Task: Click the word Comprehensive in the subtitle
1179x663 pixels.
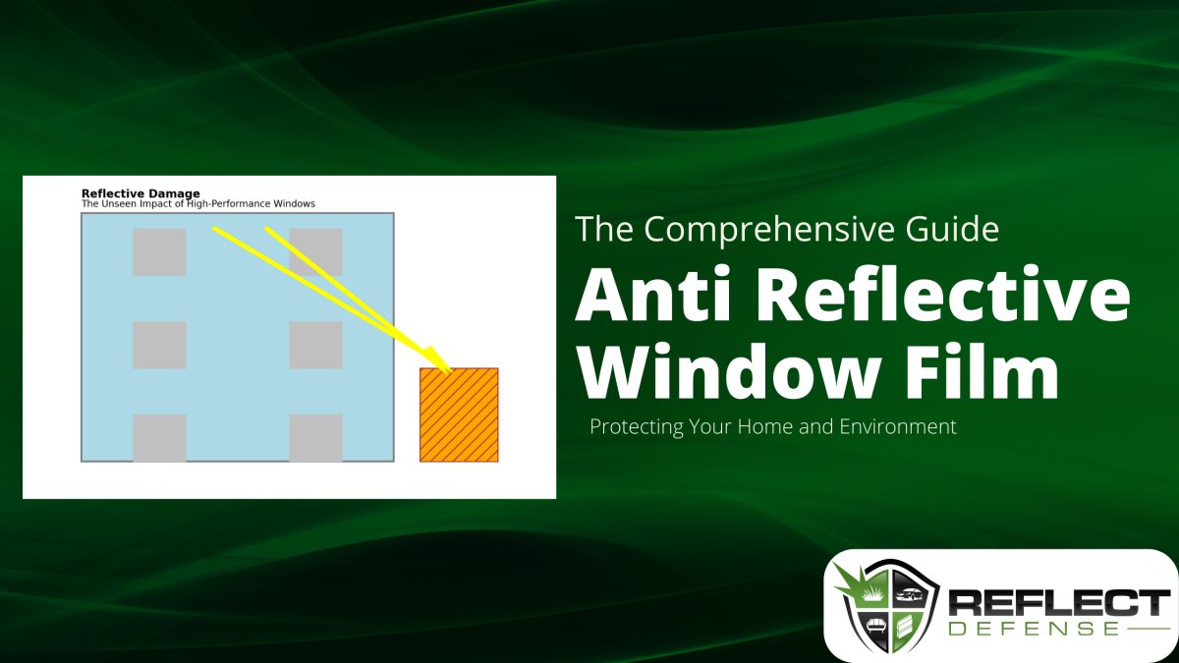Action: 770,230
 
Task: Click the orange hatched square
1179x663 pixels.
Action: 459,414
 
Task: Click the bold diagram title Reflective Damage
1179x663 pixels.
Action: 140,193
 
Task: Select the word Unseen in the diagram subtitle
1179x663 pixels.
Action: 120,204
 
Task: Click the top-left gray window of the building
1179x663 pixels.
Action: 159,252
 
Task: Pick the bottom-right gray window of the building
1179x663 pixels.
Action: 315,438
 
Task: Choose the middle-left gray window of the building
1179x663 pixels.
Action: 159,345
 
